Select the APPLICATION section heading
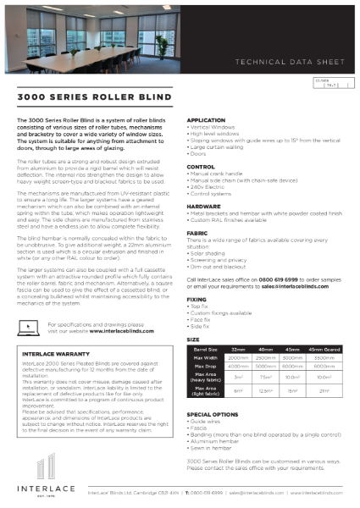pos(206,121)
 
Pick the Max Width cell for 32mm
pos(240,357)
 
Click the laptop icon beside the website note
pos(33,325)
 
